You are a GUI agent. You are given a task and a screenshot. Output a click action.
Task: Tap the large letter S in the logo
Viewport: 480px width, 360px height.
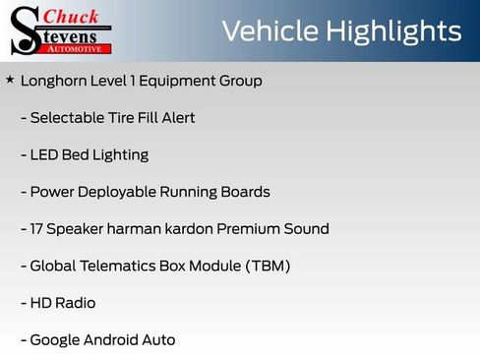point(25,31)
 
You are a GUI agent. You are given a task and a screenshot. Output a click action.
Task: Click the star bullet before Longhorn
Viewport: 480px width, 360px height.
point(10,80)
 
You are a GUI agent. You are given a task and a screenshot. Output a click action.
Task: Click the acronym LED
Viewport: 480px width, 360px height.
point(45,155)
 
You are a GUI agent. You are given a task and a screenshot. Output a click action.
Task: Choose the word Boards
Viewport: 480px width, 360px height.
point(246,192)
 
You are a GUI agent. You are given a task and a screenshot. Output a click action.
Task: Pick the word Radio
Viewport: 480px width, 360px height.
point(77,304)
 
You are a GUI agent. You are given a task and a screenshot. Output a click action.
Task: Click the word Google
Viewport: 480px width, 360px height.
point(56,341)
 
